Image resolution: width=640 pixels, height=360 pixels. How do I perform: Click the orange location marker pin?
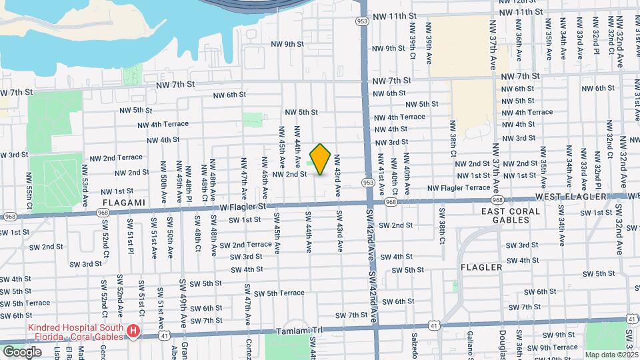click(x=321, y=159)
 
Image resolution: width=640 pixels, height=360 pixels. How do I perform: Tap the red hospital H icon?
click(x=134, y=331)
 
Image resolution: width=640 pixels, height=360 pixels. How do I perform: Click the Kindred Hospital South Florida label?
click(x=75, y=331)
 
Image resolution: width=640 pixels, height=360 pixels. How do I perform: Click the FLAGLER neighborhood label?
click(x=481, y=267)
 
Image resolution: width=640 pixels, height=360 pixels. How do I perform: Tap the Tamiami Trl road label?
click(x=299, y=331)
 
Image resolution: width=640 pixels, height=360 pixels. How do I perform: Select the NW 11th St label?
click(x=395, y=15)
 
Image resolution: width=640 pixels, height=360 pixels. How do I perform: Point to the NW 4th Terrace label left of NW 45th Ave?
click(x=163, y=125)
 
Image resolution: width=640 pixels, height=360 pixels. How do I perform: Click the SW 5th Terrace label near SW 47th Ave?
click(x=278, y=293)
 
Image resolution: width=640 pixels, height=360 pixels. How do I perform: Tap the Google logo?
click(x=22, y=351)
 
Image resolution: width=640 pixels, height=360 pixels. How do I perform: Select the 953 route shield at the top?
click(x=362, y=21)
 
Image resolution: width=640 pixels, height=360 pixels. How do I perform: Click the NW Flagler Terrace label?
click(x=459, y=188)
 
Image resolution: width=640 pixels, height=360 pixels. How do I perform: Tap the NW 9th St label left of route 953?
click(x=287, y=45)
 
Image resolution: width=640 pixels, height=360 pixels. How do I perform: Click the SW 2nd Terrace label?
click(x=251, y=244)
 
